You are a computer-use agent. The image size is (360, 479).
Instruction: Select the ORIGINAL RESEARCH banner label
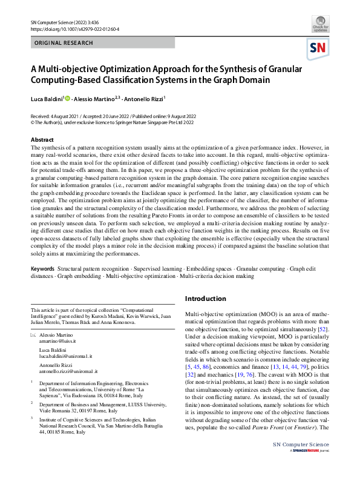click(64, 44)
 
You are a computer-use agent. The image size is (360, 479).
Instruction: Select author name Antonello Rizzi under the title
click(146, 98)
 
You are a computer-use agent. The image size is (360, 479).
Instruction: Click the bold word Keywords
click(43, 268)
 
